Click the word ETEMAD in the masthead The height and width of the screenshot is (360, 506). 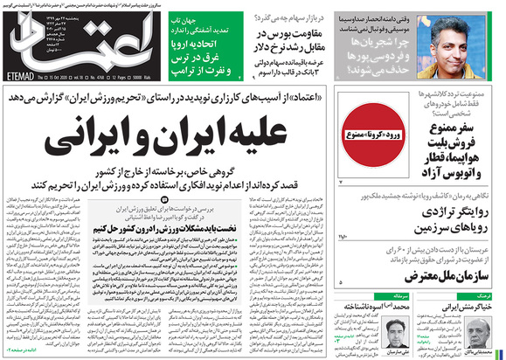26,76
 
